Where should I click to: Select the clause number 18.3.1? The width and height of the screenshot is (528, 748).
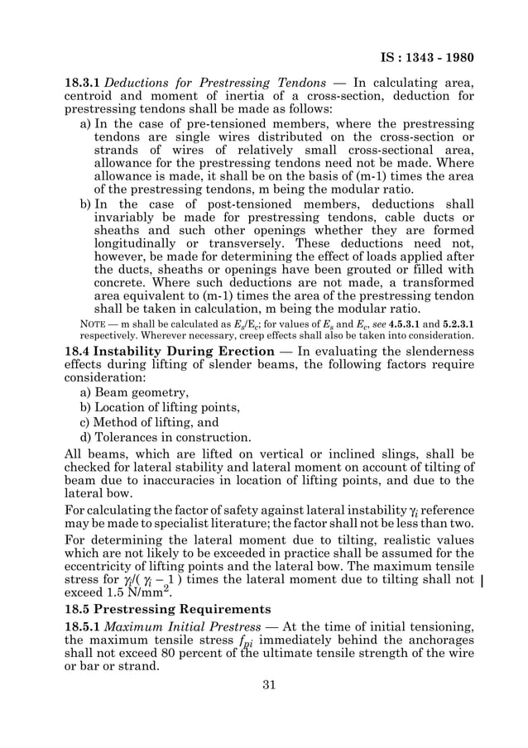pos(83,83)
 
